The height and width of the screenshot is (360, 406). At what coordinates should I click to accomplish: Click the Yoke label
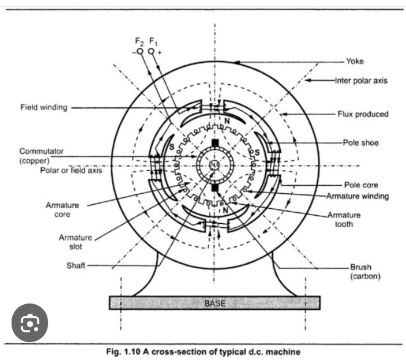click(x=355, y=61)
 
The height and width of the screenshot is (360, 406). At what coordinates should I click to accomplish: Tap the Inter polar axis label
click(x=361, y=80)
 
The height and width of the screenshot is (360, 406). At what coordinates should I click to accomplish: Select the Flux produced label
click(x=363, y=114)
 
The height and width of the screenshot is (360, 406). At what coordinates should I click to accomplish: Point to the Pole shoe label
click(x=361, y=143)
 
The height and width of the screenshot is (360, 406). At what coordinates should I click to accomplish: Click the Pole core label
click(x=361, y=185)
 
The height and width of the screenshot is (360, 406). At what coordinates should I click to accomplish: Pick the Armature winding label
click(x=357, y=196)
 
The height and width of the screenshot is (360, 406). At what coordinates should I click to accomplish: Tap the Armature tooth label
click(x=344, y=219)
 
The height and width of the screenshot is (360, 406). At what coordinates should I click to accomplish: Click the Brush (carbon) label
click(x=365, y=272)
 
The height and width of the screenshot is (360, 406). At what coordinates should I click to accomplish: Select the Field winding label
click(x=44, y=107)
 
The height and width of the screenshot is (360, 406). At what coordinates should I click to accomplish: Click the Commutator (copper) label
click(x=41, y=156)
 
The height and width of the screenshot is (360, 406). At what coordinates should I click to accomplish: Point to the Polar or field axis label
click(x=71, y=170)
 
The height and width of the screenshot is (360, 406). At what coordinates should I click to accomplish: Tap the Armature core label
click(x=62, y=210)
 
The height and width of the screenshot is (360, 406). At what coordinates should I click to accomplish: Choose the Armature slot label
click(x=75, y=242)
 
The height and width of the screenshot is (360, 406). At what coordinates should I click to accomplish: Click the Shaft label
click(x=76, y=265)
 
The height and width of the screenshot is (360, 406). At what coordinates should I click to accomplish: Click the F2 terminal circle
click(x=140, y=51)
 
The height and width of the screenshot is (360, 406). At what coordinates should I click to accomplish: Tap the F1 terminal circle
click(x=152, y=51)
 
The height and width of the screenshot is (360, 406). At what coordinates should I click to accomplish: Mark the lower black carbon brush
click(x=214, y=187)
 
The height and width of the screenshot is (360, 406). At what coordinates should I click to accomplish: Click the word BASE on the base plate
click(x=214, y=303)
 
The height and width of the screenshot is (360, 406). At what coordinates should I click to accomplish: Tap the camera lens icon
click(x=30, y=322)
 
